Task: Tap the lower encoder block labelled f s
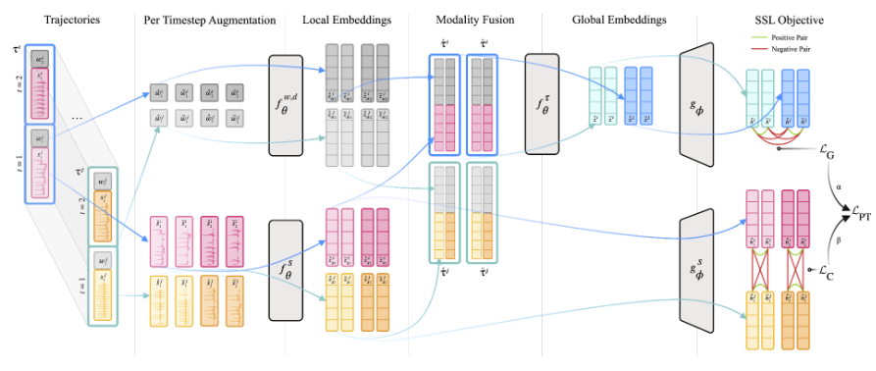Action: pyautogui.click(x=287, y=269)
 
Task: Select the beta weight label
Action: pyautogui.click(x=840, y=238)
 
